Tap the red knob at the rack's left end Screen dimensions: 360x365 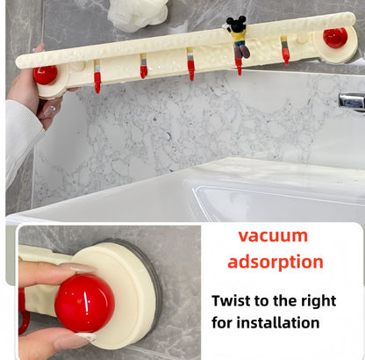[45, 75]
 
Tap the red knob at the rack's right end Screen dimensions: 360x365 [334, 38]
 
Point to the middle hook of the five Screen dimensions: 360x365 [190, 68]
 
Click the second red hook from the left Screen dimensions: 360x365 [143, 69]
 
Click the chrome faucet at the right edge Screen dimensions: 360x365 [353, 101]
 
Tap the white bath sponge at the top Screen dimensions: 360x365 [139, 12]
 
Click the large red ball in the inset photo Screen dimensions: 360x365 [84, 302]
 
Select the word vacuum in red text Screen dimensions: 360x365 [273, 235]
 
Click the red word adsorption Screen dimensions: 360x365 [276, 262]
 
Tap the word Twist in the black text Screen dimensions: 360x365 [233, 300]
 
